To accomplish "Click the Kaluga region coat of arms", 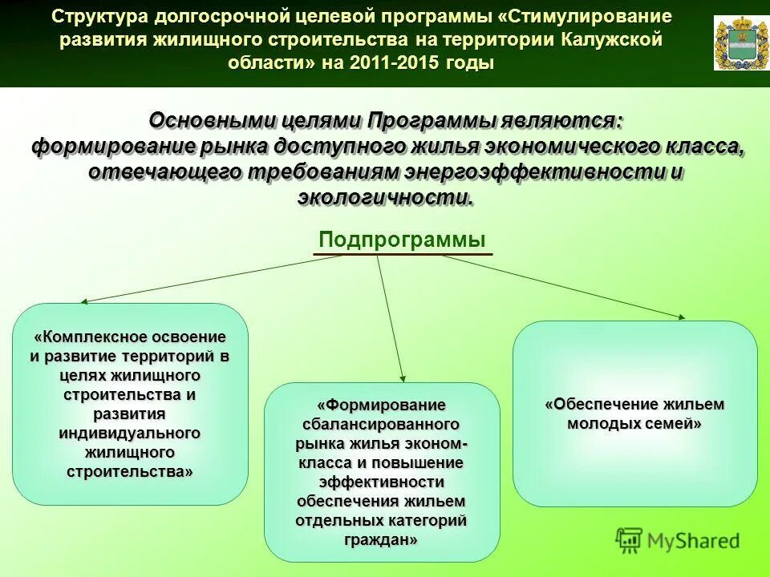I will click(x=735, y=43).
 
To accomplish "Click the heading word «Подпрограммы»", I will click(x=402, y=240).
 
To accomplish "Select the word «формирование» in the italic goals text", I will click(x=109, y=146).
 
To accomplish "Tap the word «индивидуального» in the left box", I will click(x=128, y=433).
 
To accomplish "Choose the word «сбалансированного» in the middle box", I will click(x=381, y=424).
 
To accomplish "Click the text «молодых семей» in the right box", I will click(x=634, y=424).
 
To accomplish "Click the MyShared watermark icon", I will click(x=630, y=540).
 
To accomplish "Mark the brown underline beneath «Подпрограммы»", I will click(x=402, y=256).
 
